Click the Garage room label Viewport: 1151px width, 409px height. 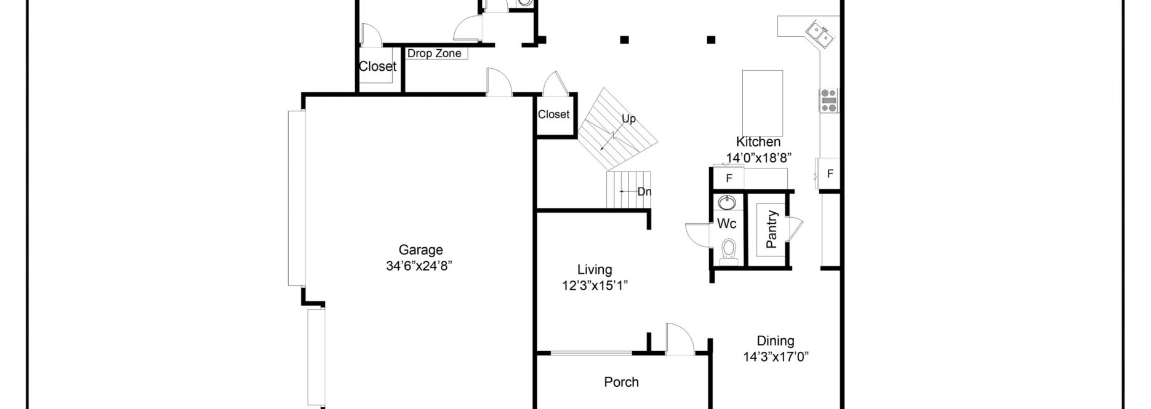[420, 250]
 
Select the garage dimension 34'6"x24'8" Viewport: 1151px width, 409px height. [420, 266]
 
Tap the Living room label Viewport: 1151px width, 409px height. [595, 269]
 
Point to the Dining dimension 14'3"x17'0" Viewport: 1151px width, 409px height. [775, 356]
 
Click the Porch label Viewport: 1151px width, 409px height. [621, 382]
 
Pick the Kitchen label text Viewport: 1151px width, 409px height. [758, 141]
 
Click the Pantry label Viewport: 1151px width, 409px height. [772, 229]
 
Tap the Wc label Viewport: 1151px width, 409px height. [726, 224]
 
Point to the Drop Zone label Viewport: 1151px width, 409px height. [434, 54]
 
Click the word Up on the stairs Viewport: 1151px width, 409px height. [628, 119]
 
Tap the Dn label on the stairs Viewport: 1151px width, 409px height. [644, 191]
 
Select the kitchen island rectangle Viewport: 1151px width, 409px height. [763, 103]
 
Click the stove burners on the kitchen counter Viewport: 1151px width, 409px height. [828, 100]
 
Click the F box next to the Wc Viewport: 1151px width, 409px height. [729, 179]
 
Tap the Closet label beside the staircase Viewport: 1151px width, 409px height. [553, 114]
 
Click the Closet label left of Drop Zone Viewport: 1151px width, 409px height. [377, 66]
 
